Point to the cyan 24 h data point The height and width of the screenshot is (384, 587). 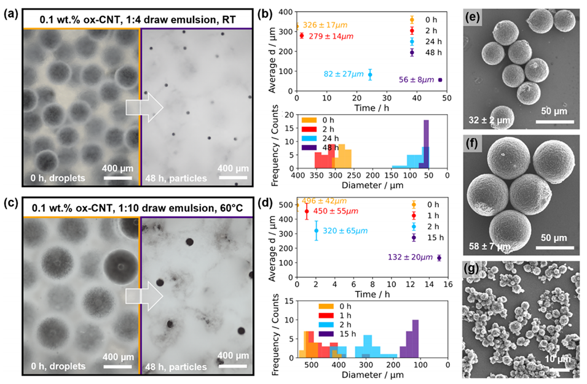tap(370, 74)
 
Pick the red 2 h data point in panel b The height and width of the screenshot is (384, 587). tap(302, 36)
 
